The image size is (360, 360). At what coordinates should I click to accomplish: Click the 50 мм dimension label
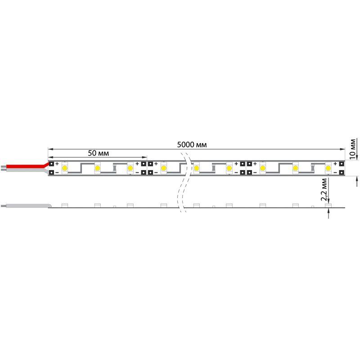pos(98,153)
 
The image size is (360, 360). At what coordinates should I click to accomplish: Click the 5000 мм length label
pos(192,144)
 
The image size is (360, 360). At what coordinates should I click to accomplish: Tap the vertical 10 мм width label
pos(353,148)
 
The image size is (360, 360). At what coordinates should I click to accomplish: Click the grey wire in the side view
pos(27,206)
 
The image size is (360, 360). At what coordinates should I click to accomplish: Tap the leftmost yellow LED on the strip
pos(65,168)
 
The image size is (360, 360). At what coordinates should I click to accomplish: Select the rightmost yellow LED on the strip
pos(328,168)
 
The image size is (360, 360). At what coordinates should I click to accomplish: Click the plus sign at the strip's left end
pos(57,163)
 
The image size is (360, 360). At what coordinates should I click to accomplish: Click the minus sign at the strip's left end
pos(57,172)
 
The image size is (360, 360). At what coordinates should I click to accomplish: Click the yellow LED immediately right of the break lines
pos(197,168)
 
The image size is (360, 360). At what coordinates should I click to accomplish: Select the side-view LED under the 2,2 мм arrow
pos(328,206)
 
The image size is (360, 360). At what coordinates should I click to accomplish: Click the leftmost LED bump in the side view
pos(64,206)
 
